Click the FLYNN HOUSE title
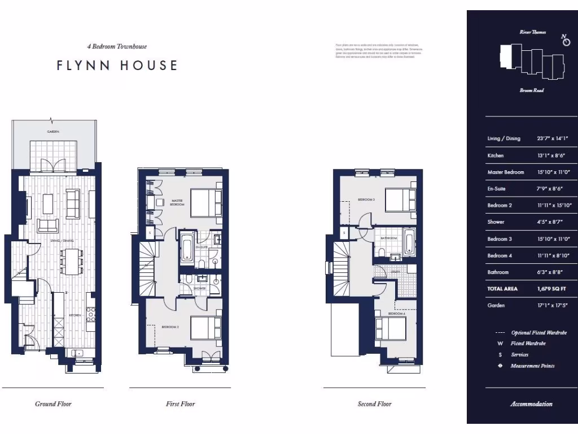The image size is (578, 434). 117,66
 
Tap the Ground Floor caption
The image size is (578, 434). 53,403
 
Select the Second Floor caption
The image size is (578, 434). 374,403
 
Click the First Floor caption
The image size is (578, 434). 180,403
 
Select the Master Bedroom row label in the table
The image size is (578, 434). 505,172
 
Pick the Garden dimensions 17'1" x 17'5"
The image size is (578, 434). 551,306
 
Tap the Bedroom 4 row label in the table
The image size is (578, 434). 500,255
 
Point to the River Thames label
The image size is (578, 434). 532,32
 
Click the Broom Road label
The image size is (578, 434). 531,90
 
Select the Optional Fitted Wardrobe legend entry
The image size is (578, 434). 538,333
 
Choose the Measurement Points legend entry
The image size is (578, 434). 532,366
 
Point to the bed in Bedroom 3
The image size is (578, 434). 401,202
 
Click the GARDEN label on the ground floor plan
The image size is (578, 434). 54,131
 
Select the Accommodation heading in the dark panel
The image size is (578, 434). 531,404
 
